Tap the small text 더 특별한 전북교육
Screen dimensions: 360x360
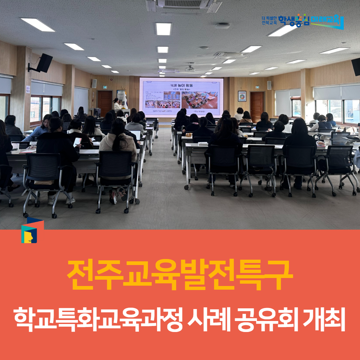(269, 21)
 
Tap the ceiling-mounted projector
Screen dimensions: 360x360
(190, 69)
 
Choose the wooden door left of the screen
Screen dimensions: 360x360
(105, 103)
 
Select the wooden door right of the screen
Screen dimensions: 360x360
(257, 106)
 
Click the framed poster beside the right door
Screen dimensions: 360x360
(242, 96)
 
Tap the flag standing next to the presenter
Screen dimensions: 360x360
(125, 100)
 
